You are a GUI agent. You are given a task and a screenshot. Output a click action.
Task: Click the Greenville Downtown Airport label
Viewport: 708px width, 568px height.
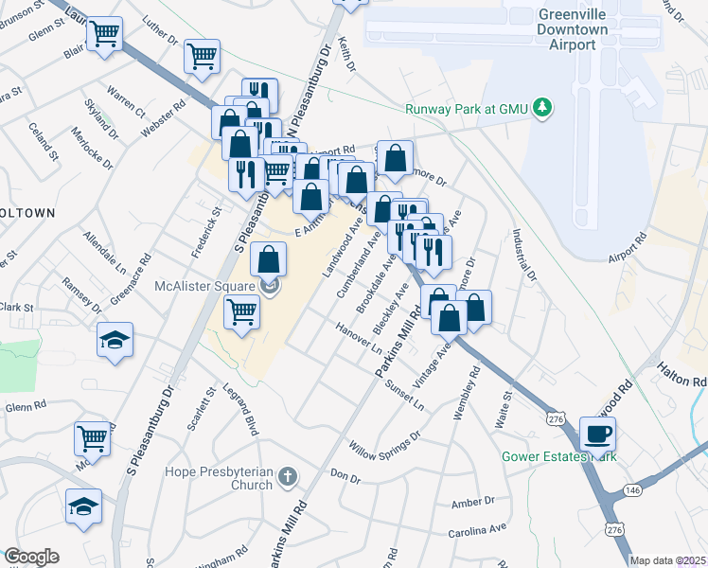pyautogui.click(x=573, y=29)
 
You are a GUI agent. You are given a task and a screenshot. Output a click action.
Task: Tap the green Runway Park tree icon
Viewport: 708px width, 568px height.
pyautogui.click(x=542, y=108)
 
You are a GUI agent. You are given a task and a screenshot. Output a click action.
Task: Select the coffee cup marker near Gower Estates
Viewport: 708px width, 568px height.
pyautogui.click(x=596, y=434)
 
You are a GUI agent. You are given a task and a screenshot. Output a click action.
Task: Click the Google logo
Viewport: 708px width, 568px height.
pyautogui.click(x=31, y=557)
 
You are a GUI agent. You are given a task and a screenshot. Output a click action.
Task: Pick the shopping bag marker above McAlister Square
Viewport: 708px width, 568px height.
pyautogui.click(x=270, y=258)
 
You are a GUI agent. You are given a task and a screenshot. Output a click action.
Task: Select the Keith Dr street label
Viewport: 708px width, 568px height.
pyautogui.click(x=346, y=57)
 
